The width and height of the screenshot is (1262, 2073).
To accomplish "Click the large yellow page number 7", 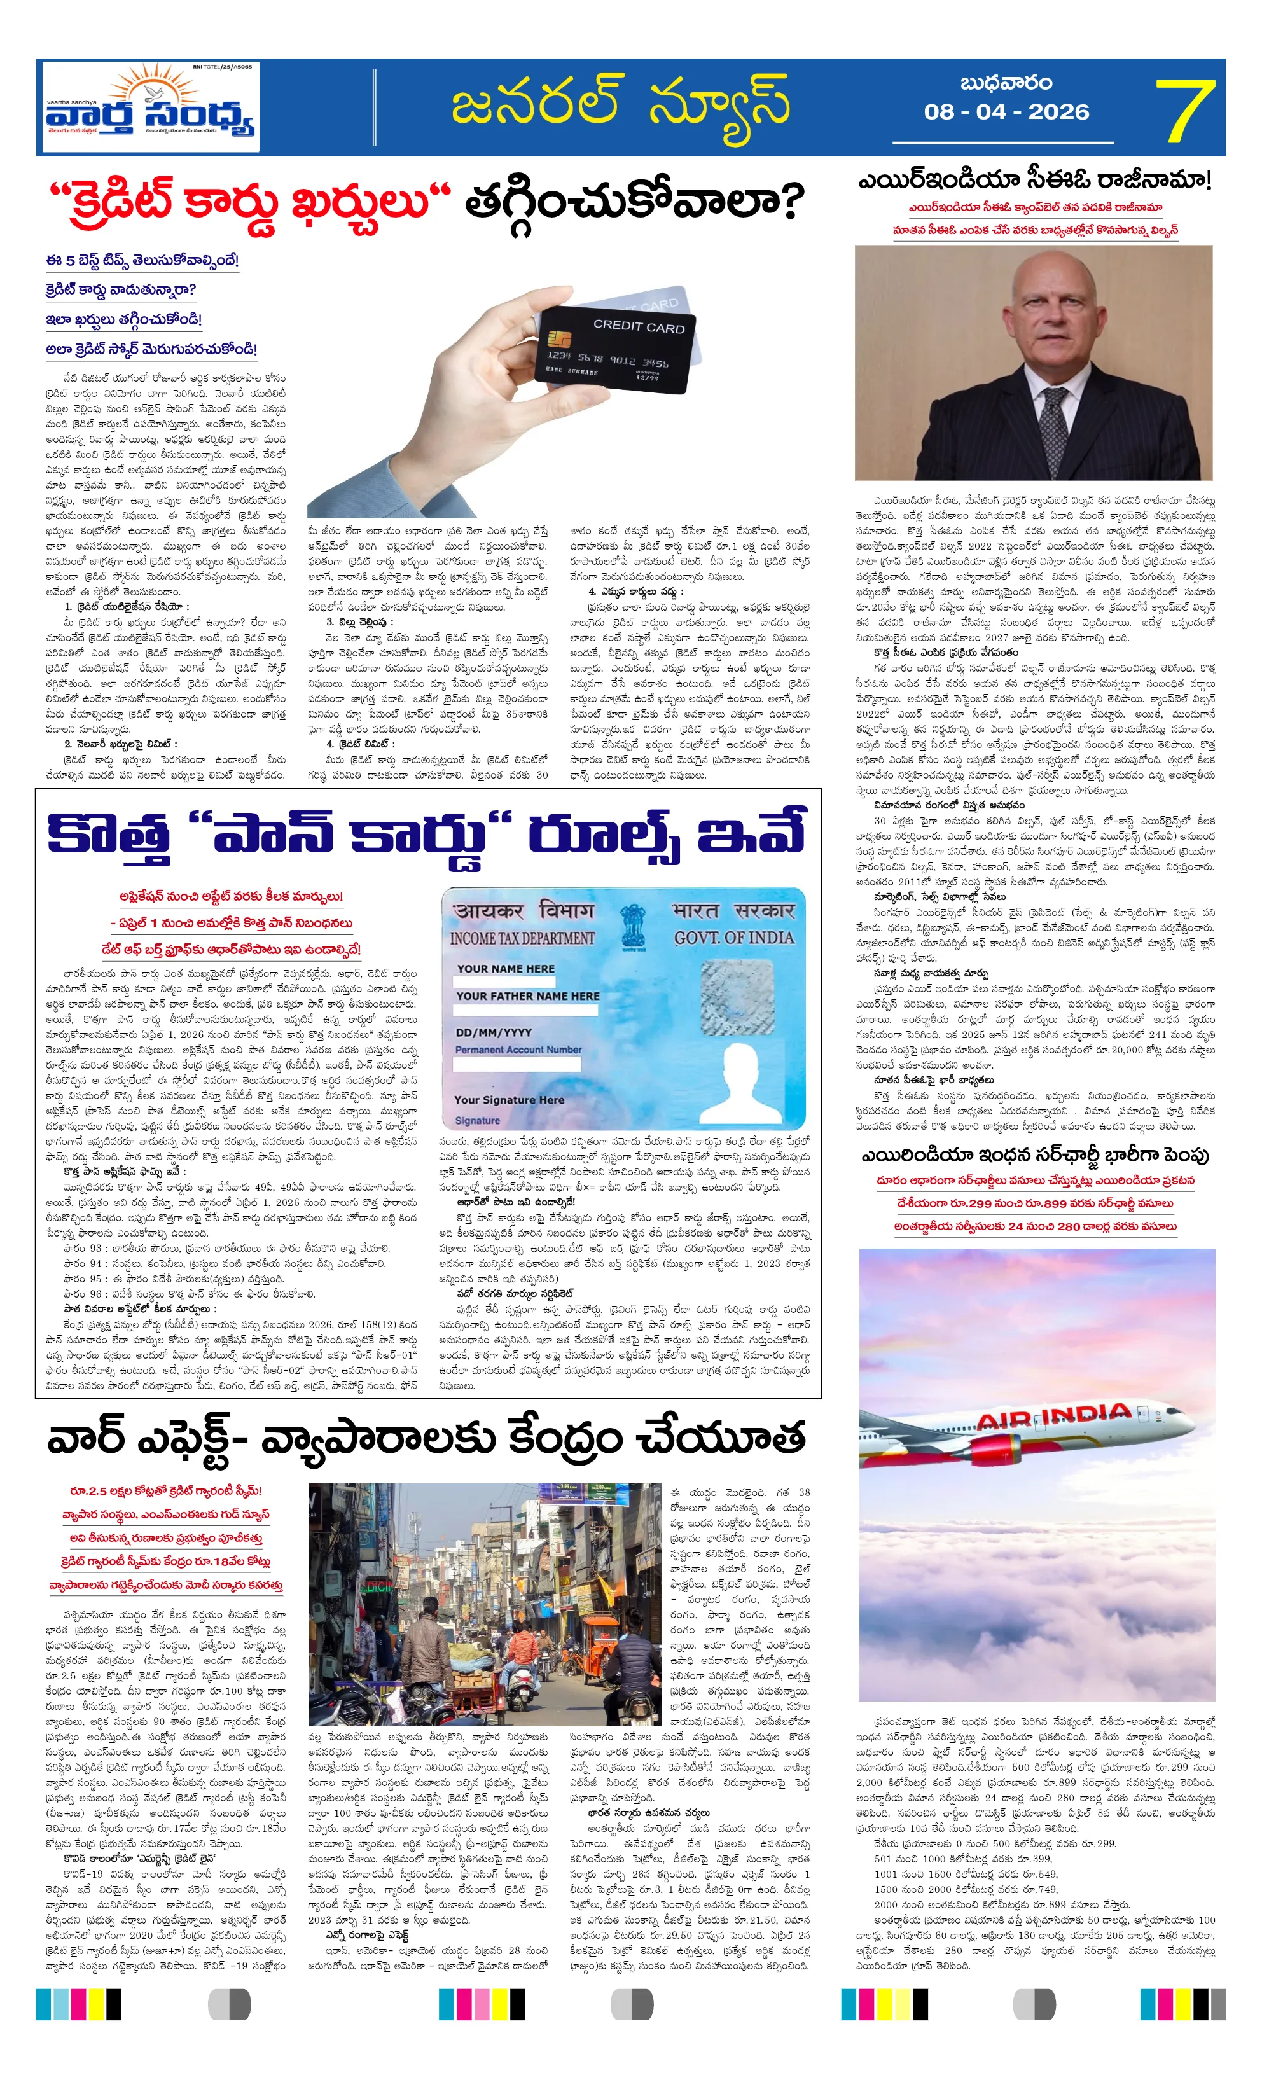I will click(x=1184, y=109).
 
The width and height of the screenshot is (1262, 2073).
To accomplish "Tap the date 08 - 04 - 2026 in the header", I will click(x=1006, y=112).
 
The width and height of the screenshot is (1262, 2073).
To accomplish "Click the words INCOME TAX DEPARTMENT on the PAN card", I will click(x=522, y=938).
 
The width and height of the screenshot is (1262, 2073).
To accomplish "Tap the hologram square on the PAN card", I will click(x=737, y=998).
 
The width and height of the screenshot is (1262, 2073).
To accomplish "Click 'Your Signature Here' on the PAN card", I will click(x=509, y=1100).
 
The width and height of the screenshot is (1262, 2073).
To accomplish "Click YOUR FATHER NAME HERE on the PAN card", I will click(x=527, y=996).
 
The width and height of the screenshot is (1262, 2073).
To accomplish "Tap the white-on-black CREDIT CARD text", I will click(x=639, y=326).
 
